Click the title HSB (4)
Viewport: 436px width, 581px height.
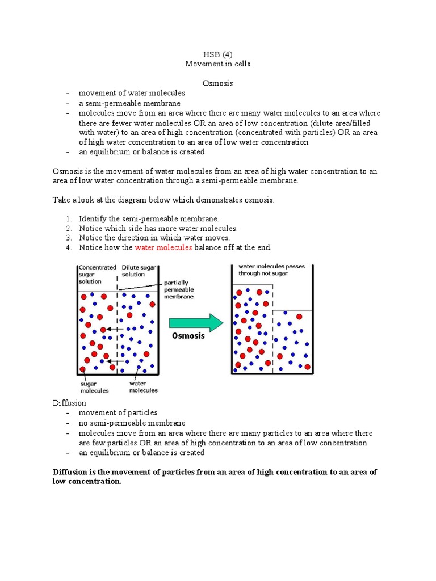[218, 54]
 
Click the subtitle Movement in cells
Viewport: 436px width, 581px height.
[218, 64]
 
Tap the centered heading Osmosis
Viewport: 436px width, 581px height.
[218, 83]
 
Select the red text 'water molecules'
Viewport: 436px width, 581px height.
[163, 247]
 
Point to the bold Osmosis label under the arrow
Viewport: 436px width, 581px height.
[188, 336]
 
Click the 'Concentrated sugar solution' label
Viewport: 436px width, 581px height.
[97, 274]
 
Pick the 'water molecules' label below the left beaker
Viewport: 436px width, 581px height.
[143, 387]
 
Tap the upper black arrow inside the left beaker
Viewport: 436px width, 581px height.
[116, 329]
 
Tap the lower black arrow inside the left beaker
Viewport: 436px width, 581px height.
[116, 361]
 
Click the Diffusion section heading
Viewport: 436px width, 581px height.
[69, 403]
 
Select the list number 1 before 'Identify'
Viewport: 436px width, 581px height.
[68, 218]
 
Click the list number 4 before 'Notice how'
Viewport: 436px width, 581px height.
[68, 247]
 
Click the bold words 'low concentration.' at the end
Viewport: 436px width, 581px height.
[87, 481]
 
